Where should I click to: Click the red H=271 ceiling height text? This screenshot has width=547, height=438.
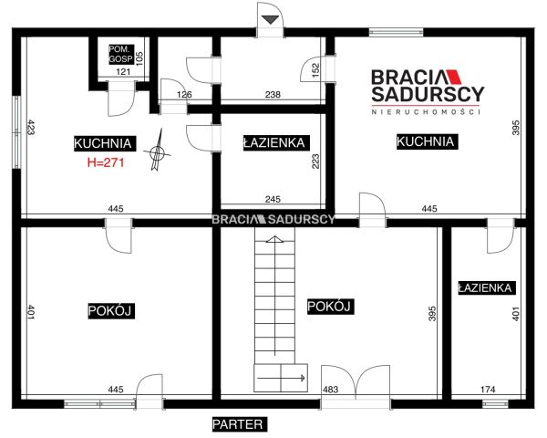point(106,162)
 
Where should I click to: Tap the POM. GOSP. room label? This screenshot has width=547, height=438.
point(121,54)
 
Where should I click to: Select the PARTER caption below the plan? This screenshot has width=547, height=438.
point(239,424)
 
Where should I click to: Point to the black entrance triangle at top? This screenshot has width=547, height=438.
point(270,19)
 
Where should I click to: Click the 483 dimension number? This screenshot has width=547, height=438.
point(330,389)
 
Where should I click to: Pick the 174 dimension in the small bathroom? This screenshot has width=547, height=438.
point(488,389)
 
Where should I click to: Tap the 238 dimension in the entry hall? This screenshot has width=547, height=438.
point(273,94)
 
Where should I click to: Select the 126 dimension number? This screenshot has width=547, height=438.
point(184,94)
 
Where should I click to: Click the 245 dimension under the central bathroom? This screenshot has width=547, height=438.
point(273,199)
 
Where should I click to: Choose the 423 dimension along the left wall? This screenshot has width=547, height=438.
point(31,127)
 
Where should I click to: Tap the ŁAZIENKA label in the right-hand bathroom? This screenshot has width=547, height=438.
point(487,287)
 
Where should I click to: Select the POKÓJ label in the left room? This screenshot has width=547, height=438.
point(111,310)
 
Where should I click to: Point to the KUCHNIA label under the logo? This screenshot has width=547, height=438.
point(427,141)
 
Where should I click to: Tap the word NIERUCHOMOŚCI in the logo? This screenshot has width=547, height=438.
point(426,112)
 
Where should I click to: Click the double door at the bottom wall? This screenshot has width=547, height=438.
point(356,382)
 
